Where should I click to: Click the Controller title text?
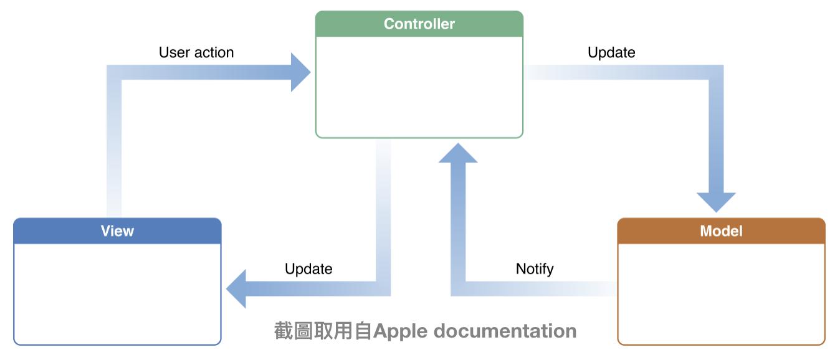click(419, 24)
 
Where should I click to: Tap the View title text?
click(117, 231)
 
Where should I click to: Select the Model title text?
click(721, 231)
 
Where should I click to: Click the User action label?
click(196, 52)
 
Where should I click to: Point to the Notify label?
click(535, 269)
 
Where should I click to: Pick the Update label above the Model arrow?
click(611, 52)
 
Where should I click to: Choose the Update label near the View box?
click(308, 269)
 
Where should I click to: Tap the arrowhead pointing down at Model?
click(716, 202)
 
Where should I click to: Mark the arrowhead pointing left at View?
click(236, 289)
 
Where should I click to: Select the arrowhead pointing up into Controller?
click(458, 153)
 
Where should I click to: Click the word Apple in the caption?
click(400, 331)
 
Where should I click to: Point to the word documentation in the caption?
click(505, 331)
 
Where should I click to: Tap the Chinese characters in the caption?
click(323, 331)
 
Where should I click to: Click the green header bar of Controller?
click(419, 24)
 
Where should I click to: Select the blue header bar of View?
click(117, 231)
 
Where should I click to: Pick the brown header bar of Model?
click(721, 231)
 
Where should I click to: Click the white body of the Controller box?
click(419, 87)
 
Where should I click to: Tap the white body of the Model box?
click(721, 294)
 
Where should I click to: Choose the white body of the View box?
click(117, 294)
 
